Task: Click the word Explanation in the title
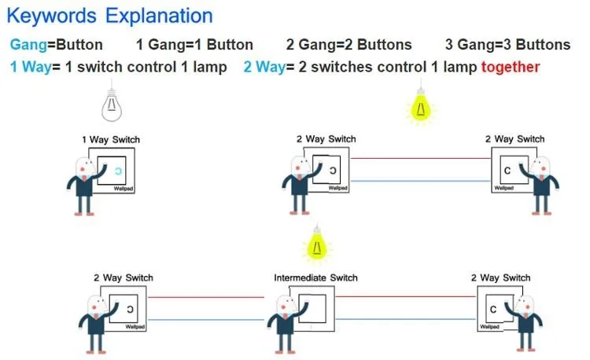tap(159, 17)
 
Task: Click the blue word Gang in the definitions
tap(28, 45)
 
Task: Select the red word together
tap(511, 67)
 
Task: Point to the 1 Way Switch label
tap(111, 139)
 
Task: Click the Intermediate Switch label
tap(315, 277)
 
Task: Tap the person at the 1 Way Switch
tap(85, 186)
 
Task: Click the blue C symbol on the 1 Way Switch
tap(119, 171)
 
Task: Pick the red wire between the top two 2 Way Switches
tap(421, 158)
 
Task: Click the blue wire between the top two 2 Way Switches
tap(421, 181)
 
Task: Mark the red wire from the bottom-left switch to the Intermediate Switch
tap(206, 297)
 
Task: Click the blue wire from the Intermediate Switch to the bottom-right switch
tap(406, 319)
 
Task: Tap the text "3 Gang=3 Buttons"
tap(507, 45)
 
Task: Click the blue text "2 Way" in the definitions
tap(264, 67)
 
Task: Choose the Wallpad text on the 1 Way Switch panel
tap(124, 189)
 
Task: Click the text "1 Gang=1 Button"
tap(194, 45)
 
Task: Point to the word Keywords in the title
tap(52, 17)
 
